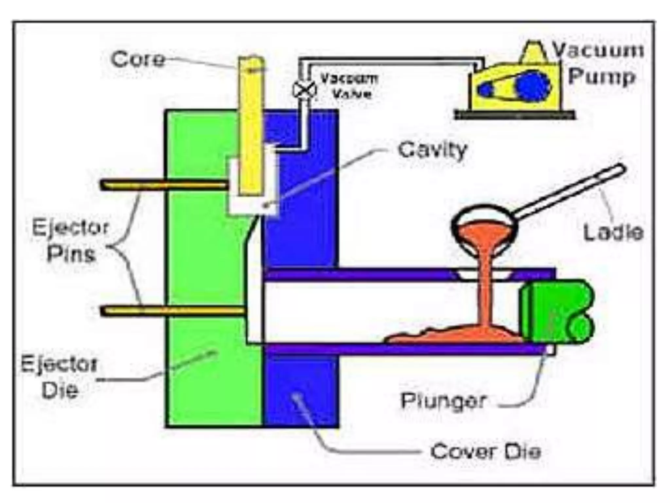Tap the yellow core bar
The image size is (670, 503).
[251, 128]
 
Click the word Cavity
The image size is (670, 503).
[432, 150]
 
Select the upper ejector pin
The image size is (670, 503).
[164, 185]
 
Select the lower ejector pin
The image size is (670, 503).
[172, 310]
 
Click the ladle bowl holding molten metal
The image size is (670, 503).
[483, 226]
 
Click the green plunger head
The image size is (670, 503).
[556, 311]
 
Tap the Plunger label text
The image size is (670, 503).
[443, 400]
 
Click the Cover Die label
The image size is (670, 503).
[485, 452]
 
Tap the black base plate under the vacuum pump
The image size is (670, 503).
[515, 115]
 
